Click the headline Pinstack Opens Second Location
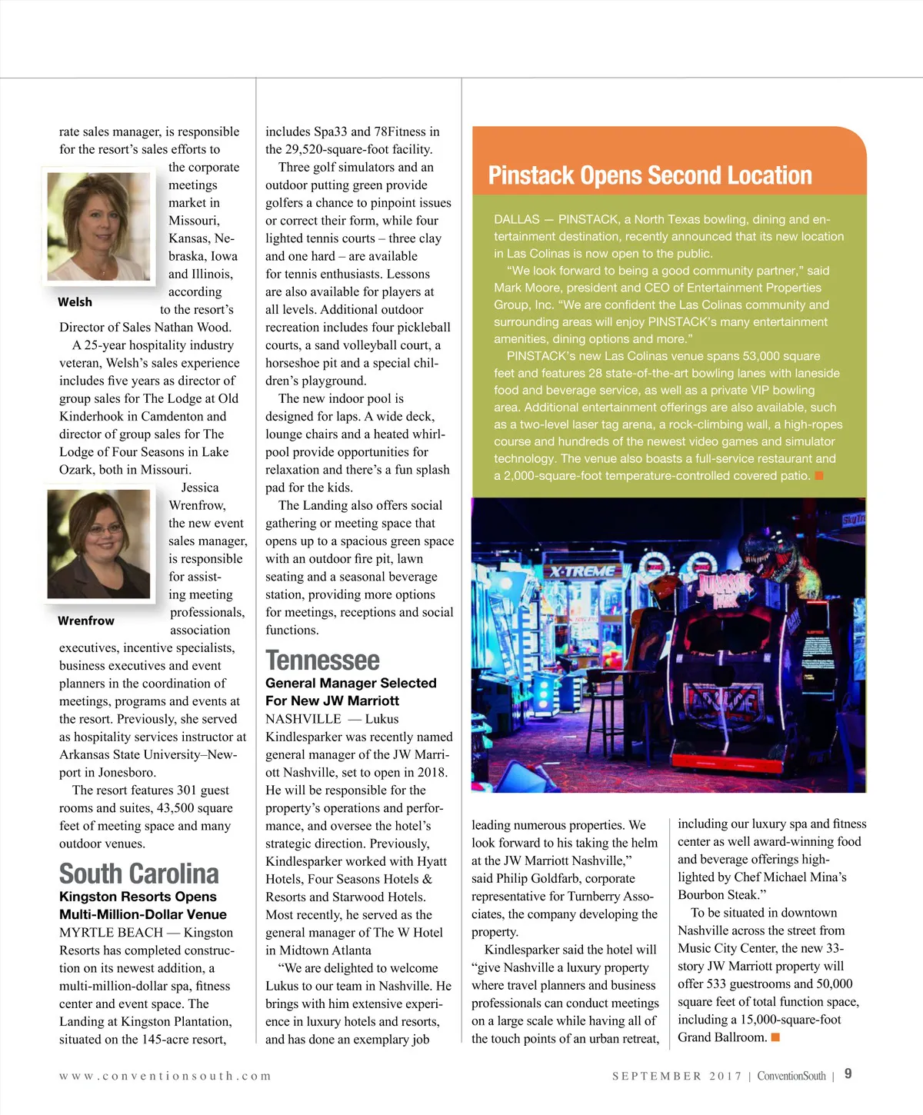click(x=650, y=175)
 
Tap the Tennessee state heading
click(x=322, y=661)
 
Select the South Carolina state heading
click(x=139, y=874)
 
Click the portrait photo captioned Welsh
click(x=98, y=226)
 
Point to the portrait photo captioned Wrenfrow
click(x=98, y=544)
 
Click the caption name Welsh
click(x=75, y=302)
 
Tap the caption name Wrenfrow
click(x=85, y=621)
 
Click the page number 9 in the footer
click(x=848, y=1074)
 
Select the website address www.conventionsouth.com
click(x=165, y=1076)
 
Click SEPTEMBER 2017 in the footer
click(x=677, y=1076)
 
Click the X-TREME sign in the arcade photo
click(x=582, y=571)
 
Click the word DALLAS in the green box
click(x=516, y=220)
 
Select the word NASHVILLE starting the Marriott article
click(x=303, y=719)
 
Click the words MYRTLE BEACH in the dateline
click(x=111, y=933)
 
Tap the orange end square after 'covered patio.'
click(x=819, y=475)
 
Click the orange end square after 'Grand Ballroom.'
click(x=775, y=1037)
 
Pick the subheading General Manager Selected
click(x=351, y=683)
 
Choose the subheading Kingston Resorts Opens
click(x=138, y=897)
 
